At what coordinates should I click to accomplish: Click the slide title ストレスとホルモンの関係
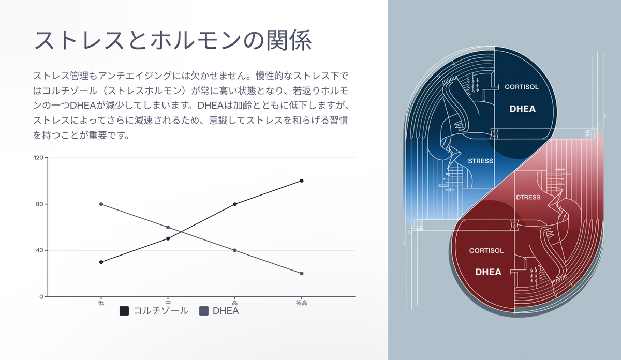click(173, 40)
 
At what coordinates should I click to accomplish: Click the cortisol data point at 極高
click(302, 181)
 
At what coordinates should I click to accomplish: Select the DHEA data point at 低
click(101, 204)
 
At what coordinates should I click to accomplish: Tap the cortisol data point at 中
click(168, 238)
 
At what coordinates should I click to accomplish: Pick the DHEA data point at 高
click(235, 250)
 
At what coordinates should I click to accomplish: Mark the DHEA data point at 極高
click(302, 274)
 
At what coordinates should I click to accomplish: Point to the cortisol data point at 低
click(101, 262)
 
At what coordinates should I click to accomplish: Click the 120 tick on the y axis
click(38, 158)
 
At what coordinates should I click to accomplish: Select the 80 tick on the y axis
click(40, 204)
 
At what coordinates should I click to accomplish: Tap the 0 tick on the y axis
click(41, 297)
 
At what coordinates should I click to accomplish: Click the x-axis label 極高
click(302, 303)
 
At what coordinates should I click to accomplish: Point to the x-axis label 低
click(101, 303)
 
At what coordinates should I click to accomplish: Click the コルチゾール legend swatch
click(124, 311)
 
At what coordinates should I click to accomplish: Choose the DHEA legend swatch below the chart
click(204, 311)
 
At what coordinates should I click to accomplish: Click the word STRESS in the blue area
click(480, 161)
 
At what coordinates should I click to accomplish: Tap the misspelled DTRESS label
click(528, 197)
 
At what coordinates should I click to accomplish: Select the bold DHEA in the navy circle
click(523, 109)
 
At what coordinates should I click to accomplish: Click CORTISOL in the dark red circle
click(486, 251)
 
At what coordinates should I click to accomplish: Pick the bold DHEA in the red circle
click(489, 272)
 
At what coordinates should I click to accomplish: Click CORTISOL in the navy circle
click(522, 87)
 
